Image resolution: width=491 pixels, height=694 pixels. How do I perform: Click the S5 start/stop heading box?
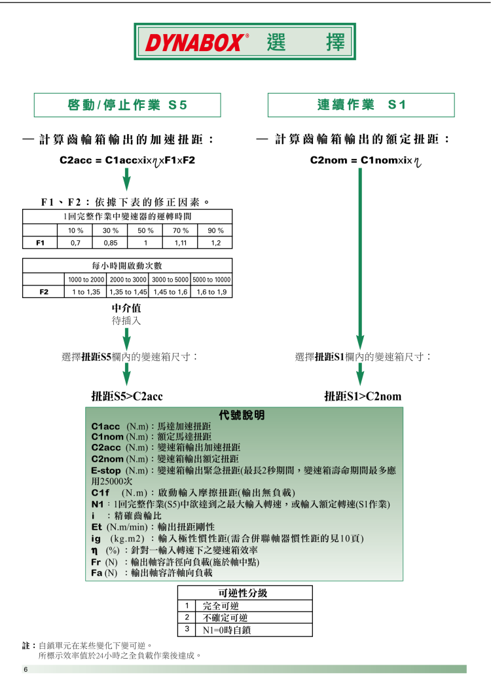127,105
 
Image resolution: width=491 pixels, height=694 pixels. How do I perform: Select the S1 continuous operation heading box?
361,105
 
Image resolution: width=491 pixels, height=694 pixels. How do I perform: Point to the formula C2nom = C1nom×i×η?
363,160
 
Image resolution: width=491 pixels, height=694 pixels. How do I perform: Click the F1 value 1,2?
215,243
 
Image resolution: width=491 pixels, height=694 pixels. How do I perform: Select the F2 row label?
43,291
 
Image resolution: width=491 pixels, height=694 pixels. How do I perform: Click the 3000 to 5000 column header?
170,280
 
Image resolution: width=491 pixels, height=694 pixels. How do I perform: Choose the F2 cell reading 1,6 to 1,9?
211,291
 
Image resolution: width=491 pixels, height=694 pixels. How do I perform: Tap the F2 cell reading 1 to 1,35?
86,291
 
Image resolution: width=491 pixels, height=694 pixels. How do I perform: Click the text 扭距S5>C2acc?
127,396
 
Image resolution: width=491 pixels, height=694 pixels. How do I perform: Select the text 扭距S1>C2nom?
363,396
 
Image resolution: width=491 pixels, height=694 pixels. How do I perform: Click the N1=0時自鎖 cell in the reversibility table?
227,630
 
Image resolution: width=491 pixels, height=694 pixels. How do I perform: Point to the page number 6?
26,670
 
